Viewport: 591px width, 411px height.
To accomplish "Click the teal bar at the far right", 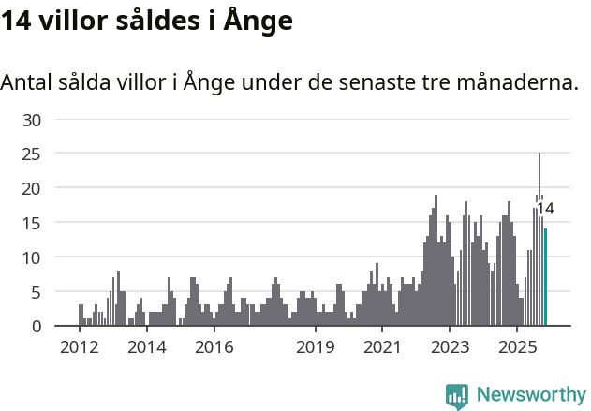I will (x=546, y=278).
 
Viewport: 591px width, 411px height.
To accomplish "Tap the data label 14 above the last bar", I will (x=545, y=209).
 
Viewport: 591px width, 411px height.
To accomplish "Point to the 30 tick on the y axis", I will (x=33, y=120).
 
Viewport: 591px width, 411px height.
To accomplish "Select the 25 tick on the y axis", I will (x=33, y=154).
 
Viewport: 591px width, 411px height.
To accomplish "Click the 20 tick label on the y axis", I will (x=33, y=188).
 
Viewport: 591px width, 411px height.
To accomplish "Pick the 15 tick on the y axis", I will (x=33, y=223).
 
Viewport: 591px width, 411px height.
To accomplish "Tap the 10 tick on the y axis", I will (x=33, y=257).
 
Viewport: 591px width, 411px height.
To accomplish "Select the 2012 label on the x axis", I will (x=79, y=346).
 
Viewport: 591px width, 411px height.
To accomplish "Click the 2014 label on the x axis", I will (x=146, y=346).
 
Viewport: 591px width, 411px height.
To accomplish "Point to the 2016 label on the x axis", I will (x=214, y=346).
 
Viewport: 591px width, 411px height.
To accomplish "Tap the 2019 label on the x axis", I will (x=316, y=346).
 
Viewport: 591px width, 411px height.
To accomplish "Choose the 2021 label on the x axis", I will (x=382, y=346).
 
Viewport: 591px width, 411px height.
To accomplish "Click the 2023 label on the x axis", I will (x=450, y=346).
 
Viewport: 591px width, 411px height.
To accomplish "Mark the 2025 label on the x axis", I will (x=517, y=346).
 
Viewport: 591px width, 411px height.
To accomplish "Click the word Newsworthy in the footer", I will (x=531, y=394).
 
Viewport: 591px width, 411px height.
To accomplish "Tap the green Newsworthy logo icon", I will (x=457, y=396).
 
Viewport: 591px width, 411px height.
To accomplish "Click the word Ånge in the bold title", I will (x=254, y=21).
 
